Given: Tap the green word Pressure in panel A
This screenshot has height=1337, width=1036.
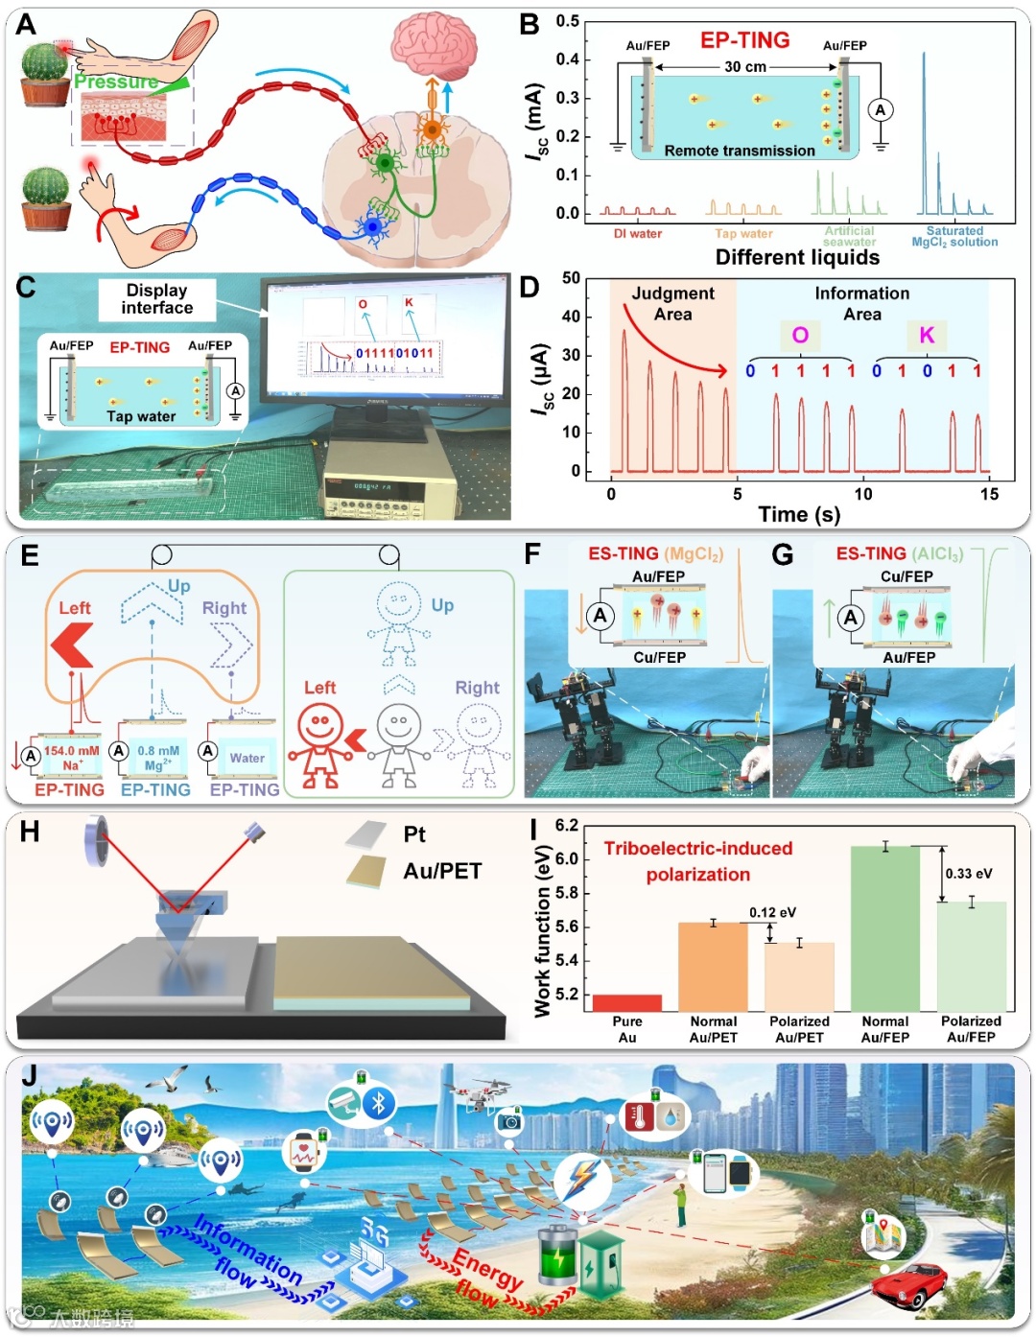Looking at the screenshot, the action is [116, 82].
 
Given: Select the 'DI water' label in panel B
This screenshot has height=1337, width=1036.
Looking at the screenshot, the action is [638, 233].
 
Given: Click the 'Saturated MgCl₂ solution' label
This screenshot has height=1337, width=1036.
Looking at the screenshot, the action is [954, 237].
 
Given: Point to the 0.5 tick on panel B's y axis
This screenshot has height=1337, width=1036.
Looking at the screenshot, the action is [568, 21].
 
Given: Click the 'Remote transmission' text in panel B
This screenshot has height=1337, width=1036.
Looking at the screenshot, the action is [740, 151].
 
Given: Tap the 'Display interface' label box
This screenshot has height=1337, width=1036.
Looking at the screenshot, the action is [157, 299].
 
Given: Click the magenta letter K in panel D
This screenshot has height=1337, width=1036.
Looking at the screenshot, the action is [927, 335].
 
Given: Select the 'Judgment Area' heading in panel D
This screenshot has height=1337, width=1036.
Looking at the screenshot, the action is [672, 303].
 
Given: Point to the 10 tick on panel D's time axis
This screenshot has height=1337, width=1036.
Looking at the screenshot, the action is [863, 494].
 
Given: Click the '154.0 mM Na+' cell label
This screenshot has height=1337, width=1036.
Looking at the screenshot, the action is [71, 758].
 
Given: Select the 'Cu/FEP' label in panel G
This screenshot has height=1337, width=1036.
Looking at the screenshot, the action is [906, 576].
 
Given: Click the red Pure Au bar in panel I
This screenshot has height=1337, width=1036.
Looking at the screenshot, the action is [627, 1003].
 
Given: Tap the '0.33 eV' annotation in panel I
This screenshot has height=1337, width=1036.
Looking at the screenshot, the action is [969, 874].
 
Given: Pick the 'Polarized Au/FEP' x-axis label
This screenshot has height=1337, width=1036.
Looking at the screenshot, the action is [971, 1029].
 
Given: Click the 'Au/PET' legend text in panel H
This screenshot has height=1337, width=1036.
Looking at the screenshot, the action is [442, 871].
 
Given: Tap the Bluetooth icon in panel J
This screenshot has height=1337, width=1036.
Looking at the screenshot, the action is [378, 1103].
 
